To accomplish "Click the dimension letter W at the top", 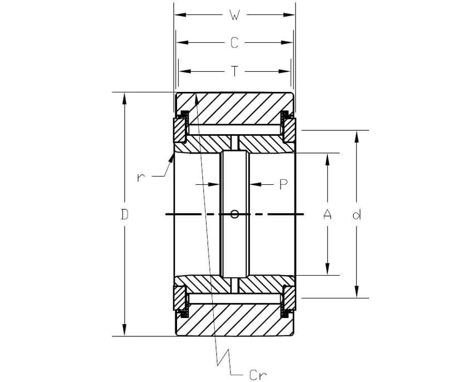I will pyautogui.click(x=234, y=16).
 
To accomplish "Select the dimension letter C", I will pyautogui.click(x=234, y=43).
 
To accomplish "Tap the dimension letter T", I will pyautogui.click(x=234, y=71).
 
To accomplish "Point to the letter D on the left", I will pyautogui.click(x=125, y=214).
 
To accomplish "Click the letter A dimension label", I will pyautogui.click(x=327, y=214).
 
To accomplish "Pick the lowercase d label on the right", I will pyautogui.click(x=356, y=214).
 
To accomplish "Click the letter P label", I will pyautogui.click(x=283, y=184).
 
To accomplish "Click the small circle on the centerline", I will pyautogui.click(x=235, y=214).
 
